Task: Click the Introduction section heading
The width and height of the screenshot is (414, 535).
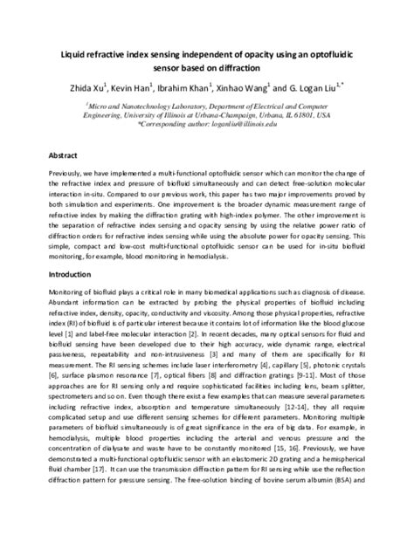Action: coord(77,275)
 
